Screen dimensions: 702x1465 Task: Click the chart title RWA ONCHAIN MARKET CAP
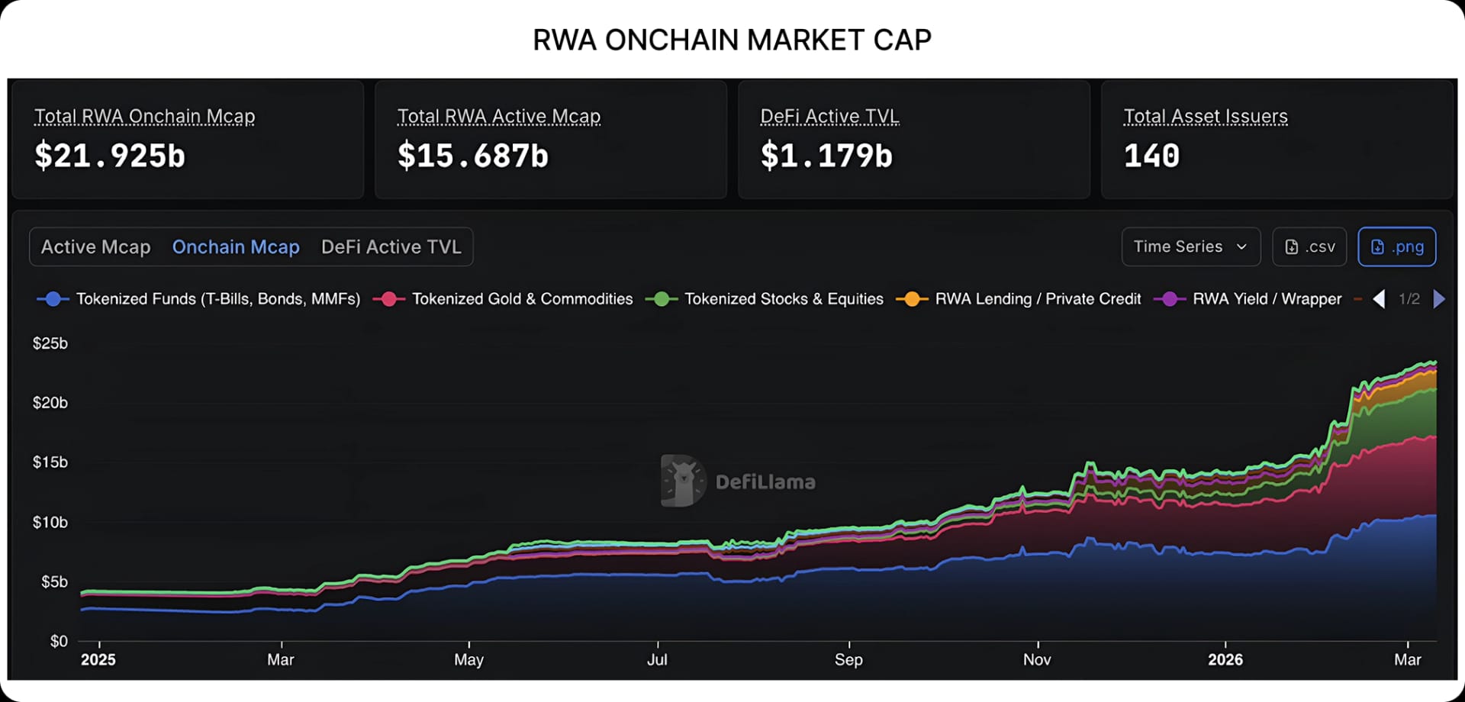coord(732,40)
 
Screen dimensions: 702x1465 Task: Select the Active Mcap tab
coord(95,247)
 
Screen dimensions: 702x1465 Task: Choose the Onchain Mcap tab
coord(236,247)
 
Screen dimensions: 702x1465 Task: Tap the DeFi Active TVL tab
coord(391,247)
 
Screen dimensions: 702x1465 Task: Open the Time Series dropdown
coord(1190,247)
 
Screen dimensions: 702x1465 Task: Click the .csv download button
coord(1309,247)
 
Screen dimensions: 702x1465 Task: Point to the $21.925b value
coord(110,156)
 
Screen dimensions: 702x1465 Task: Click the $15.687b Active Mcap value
coord(473,156)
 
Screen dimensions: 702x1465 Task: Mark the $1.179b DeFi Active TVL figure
coord(826,156)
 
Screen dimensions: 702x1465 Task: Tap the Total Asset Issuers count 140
coord(1151,156)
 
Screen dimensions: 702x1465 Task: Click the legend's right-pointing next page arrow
coord(1439,299)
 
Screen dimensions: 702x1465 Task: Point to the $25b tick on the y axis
coord(50,343)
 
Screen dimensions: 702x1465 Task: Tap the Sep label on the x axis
coord(848,660)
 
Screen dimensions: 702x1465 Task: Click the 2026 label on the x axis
coord(1225,660)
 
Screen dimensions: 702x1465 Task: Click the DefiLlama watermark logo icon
coord(682,481)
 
